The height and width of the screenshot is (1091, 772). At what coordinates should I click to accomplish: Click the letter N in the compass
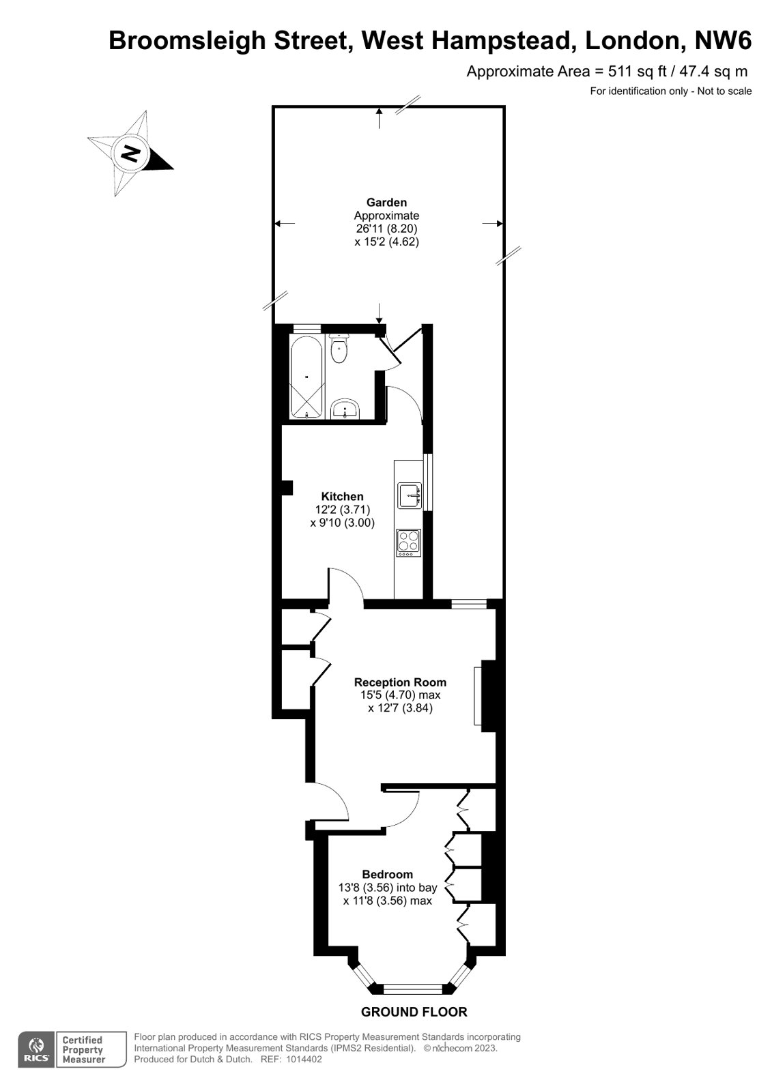[130, 154]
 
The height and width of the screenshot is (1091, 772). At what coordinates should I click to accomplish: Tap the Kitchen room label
[342, 496]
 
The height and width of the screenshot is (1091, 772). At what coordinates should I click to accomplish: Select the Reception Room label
[400, 682]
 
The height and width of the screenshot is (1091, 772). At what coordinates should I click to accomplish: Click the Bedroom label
[388, 874]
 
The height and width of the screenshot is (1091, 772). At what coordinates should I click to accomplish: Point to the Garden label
[386, 202]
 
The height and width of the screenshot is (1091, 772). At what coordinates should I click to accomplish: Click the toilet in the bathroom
[339, 349]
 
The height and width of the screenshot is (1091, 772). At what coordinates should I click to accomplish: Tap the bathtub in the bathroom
[306, 377]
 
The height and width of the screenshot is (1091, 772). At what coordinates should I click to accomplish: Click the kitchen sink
[410, 496]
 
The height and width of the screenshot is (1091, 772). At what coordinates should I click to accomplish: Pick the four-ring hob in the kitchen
[409, 543]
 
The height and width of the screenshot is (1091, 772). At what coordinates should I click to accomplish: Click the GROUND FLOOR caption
[414, 1012]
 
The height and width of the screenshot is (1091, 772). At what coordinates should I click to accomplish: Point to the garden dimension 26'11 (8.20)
[386, 229]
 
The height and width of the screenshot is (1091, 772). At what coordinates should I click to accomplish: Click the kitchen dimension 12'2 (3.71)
[342, 510]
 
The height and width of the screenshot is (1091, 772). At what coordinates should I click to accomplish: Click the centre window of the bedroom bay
[413, 989]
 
